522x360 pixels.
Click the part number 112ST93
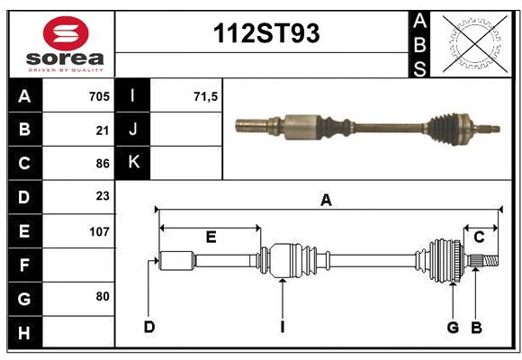click(x=265, y=34)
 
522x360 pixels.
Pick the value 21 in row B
click(x=103, y=130)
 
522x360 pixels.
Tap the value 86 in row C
click(x=103, y=164)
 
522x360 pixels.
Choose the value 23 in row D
click(x=103, y=196)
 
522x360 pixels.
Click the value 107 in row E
click(x=99, y=231)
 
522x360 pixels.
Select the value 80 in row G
click(x=103, y=296)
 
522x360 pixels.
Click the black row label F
click(x=24, y=265)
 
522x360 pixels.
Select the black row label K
click(x=132, y=163)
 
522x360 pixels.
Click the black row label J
click(x=132, y=130)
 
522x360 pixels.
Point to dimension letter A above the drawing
click(x=326, y=201)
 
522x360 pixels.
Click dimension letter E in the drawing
click(x=211, y=238)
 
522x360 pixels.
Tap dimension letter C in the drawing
click(x=480, y=238)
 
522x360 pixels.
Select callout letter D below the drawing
click(x=149, y=327)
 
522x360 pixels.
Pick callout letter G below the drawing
click(x=453, y=327)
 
